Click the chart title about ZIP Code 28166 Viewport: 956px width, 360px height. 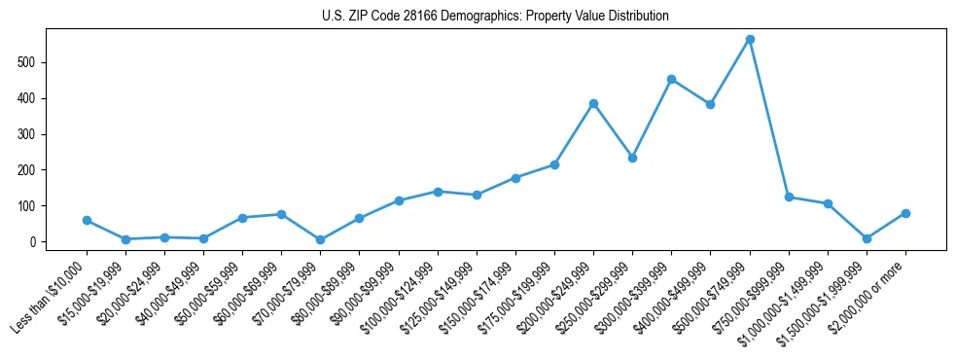pyautogui.click(x=495, y=17)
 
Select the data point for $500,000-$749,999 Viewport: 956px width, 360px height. pyautogui.click(x=750, y=40)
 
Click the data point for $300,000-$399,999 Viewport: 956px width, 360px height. pyautogui.click(x=671, y=79)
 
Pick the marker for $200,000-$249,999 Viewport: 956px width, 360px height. pyautogui.click(x=593, y=103)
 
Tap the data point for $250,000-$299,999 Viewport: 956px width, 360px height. pyautogui.click(x=632, y=158)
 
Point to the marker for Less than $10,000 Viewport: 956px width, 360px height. pyautogui.click(x=87, y=220)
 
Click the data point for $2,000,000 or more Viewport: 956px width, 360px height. pyautogui.click(x=905, y=213)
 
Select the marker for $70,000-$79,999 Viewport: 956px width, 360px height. pyautogui.click(x=320, y=239)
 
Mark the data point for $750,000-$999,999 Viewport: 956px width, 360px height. pyautogui.click(x=789, y=197)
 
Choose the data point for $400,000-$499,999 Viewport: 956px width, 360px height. pyautogui.click(x=710, y=104)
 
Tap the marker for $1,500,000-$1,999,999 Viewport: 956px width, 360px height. pyautogui.click(x=867, y=238)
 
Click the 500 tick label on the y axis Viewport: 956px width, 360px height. pyautogui.click(x=37, y=62)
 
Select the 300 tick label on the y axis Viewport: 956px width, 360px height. pyautogui.click(x=37, y=134)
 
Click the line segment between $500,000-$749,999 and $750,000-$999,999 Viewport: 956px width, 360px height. pyautogui.click(x=769, y=119)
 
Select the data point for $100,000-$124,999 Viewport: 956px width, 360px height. pyautogui.click(x=438, y=192)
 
